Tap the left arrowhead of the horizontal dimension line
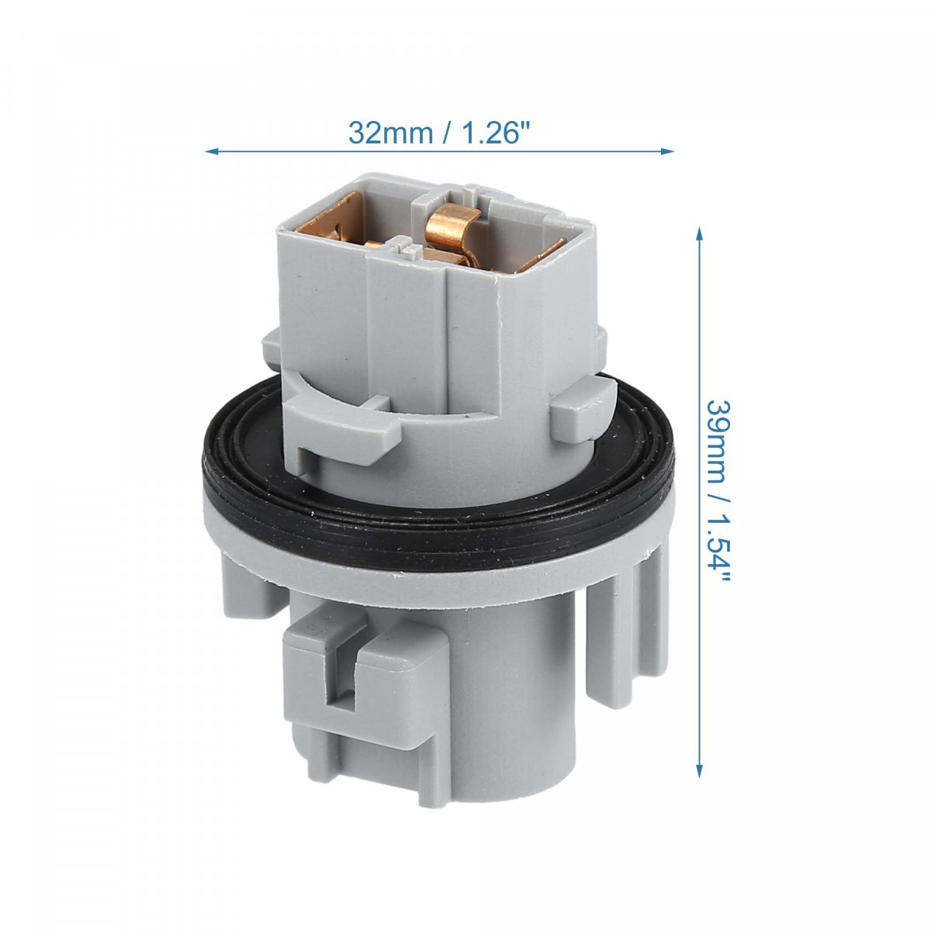point(213,151)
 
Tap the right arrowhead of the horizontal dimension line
point(666,151)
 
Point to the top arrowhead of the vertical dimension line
point(699,235)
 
